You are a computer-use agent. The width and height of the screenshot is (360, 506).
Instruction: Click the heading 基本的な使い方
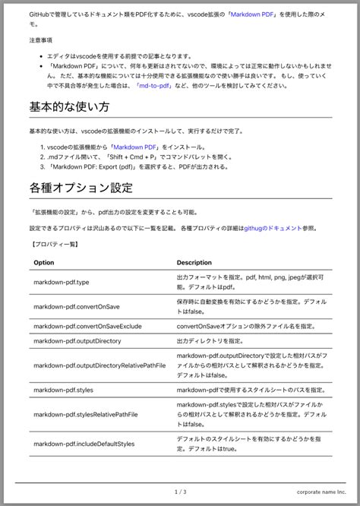69,107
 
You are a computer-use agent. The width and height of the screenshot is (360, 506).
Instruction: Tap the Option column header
44,262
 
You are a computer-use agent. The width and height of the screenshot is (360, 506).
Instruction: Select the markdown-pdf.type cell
62,282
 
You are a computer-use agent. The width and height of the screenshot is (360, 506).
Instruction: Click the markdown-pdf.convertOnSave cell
76,306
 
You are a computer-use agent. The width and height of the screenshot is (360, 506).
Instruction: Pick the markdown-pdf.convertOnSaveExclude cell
87,326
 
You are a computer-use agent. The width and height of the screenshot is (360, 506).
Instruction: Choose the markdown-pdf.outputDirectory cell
77,342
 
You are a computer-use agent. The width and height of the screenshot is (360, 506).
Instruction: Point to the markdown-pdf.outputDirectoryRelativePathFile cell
99,365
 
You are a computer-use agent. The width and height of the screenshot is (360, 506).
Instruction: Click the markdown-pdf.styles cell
64,390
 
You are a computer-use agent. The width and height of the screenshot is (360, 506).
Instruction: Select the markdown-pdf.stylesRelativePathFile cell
86,415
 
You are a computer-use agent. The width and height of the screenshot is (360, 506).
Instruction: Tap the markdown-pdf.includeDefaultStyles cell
84,444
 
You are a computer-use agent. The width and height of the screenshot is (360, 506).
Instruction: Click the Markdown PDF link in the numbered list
141,147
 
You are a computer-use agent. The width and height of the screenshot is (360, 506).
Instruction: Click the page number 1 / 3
180,492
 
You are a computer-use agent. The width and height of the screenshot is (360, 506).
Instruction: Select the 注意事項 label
41,39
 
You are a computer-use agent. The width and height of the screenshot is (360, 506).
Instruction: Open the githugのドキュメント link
273,228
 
